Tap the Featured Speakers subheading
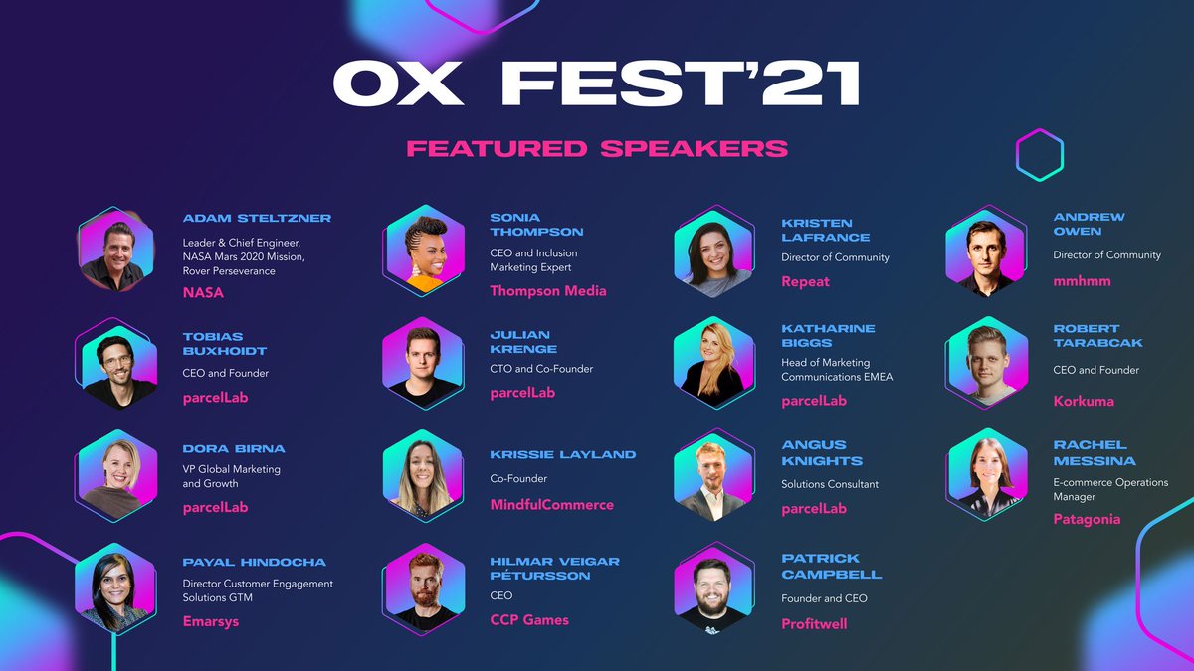tap(597, 148)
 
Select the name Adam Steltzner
tap(257, 218)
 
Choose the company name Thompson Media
tap(547, 291)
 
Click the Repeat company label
tap(805, 281)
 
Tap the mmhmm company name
tap(1082, 281)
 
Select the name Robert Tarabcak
tap(1097, 335)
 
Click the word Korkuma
tap(1084, 401)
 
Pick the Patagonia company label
tap(1087, 519)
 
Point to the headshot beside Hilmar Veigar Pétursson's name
tap(423, 592)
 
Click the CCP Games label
tap(529, 620)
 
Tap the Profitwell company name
tap(814, 624)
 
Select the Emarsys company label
tap(211, 622)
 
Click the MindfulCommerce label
tap(551, 505)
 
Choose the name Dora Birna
tap(234, 448)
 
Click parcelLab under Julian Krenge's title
tap(522, 392)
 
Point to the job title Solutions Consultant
tap(830, 484)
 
